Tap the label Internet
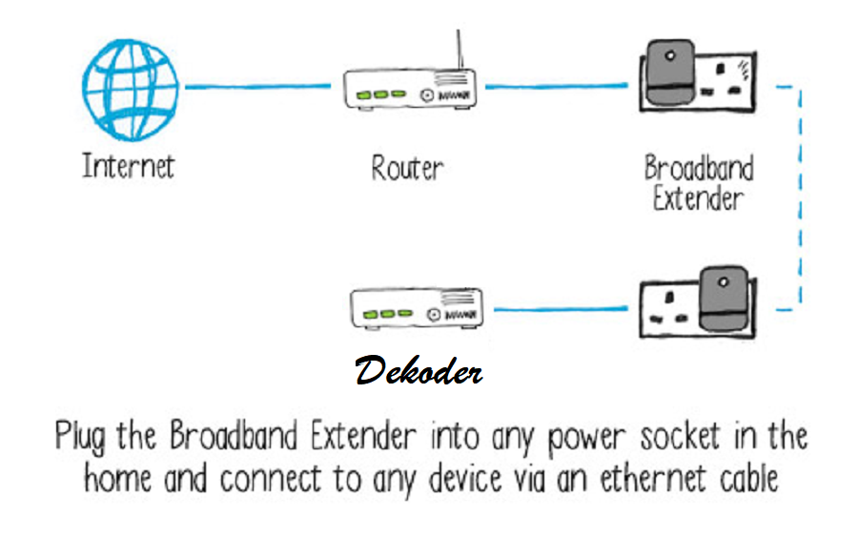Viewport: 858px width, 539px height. point(129,167)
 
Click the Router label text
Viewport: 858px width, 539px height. point(407,169)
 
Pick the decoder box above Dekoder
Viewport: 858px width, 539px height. point(414,311)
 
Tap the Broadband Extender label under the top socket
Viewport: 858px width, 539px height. point(698,183)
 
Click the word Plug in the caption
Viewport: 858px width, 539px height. point(81,438)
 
